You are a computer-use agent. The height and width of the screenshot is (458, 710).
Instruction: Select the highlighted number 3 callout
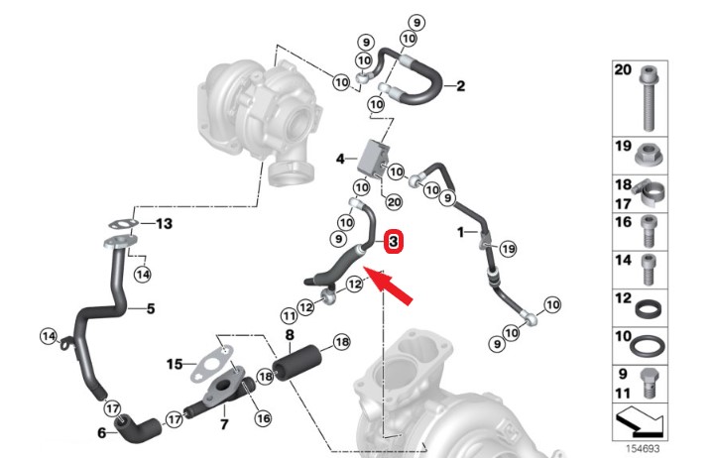(x=393, y=240)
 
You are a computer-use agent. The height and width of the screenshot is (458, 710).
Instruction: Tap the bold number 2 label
(x=460, y=87)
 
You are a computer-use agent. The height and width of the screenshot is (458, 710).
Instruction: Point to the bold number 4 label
(x=339, y=159)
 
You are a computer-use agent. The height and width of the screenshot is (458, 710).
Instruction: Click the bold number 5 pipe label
(x=151, y=309)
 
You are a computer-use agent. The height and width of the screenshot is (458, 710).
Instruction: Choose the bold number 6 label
(x=101, y=433)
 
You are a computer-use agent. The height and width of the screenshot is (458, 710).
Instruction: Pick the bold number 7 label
(x=223, y=423)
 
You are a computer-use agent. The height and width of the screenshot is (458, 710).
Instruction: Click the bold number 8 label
(x=289, y=336)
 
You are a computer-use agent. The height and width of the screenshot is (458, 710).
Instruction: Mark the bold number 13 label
(x=164, y=224)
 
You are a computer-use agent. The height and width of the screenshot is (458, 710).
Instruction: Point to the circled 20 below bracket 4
(x=394, y=202)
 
